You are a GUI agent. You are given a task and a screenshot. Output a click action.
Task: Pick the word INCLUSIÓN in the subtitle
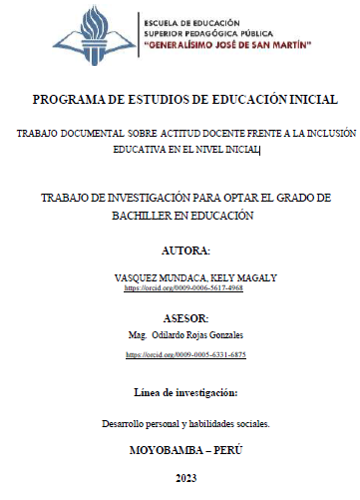coord(325,133)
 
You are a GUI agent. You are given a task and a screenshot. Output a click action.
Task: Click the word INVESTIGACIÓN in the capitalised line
coord(133,198)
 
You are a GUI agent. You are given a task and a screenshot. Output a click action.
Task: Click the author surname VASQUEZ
coord(140,275)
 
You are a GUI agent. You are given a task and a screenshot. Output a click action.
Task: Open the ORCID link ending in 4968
coord(183,287)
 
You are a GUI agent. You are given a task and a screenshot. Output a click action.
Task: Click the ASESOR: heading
coord(185,317)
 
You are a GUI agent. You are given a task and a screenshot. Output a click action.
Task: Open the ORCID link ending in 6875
coord(185,354)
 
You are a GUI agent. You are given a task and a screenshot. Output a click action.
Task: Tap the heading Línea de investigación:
coord(185,390)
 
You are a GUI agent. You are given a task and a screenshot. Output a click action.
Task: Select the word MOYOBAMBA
coord(161,450)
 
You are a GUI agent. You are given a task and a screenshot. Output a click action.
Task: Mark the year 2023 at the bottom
coord(185,479)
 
